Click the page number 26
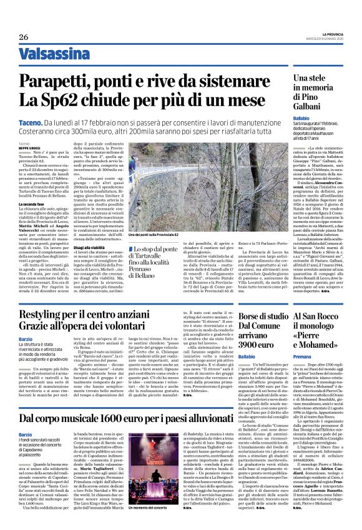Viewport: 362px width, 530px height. coord(24,36)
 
